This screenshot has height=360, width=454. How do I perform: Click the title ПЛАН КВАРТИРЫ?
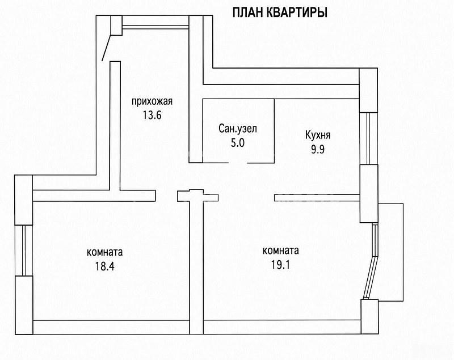(x=280, y=12)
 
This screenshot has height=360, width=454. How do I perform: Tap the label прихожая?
(x=152, y=102)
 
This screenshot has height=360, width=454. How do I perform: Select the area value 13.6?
(x=152, y=116)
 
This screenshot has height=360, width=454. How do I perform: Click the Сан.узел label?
(x=238, y=129)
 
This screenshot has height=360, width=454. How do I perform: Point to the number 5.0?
(x=238, y=142)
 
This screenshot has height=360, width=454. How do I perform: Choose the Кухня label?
(x=318, y=135)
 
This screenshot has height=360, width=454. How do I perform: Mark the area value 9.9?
(x=318, y=149)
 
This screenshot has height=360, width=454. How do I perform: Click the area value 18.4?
(x=105, y=266)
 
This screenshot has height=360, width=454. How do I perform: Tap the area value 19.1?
(x=280, y=264)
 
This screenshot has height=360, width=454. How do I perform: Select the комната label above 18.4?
(x=105, y=252)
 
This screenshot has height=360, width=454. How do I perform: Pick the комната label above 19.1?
(x=280, y=251)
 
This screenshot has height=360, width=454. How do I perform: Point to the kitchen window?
(x=368, y=138)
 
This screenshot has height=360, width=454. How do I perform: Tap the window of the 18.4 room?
(x=24, y=250)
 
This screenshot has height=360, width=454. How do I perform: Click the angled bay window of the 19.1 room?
(x=372, y=261)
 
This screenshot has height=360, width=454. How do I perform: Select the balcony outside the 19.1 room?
(x=390, y=252)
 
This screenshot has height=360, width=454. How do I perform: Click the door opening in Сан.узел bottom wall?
(x=238, y=163)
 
